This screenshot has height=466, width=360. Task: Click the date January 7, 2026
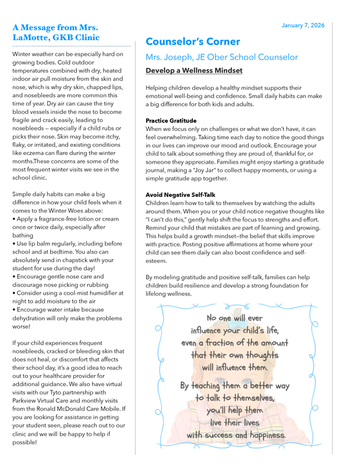pos(302,26)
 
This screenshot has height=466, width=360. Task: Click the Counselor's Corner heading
pos(192,42)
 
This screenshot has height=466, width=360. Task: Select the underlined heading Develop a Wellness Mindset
pos(194,71)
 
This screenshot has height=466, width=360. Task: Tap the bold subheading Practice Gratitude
pos(171,121)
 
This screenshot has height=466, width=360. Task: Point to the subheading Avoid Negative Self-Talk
pos(180,195)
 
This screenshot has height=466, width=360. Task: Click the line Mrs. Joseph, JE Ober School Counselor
pos(221,58)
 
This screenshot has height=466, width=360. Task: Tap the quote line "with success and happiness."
pos(236,435)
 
